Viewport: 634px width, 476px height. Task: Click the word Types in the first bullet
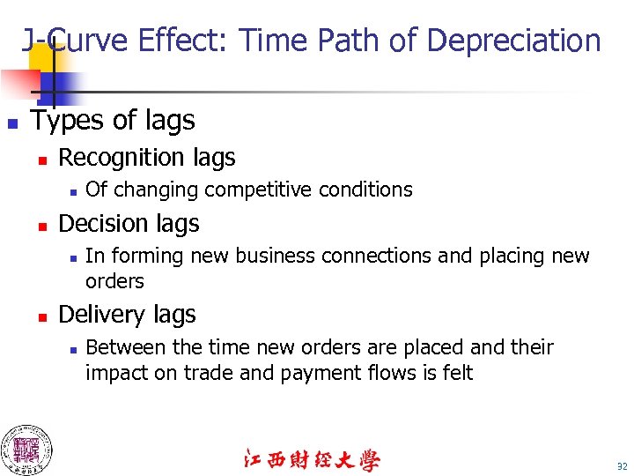pos(65,120)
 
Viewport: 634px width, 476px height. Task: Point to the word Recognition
pos(118,158)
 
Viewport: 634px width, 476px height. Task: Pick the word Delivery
pos(97,315)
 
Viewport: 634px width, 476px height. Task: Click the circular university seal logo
pos(26,450)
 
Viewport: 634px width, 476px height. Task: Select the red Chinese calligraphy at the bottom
pos(311,460)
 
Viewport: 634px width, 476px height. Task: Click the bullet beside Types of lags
pos(11,122)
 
